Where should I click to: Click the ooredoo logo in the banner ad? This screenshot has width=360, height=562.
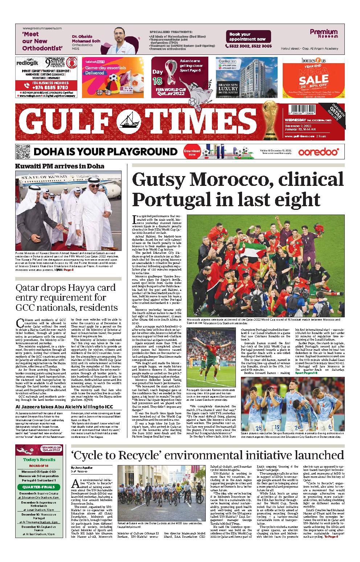[319, 151]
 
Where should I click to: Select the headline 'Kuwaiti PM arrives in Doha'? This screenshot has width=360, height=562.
[60, 166]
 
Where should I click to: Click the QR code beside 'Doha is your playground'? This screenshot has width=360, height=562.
[22, 151]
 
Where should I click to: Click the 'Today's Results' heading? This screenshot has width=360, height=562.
[39, 460]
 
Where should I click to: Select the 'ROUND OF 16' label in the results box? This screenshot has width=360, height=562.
[39, 465]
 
